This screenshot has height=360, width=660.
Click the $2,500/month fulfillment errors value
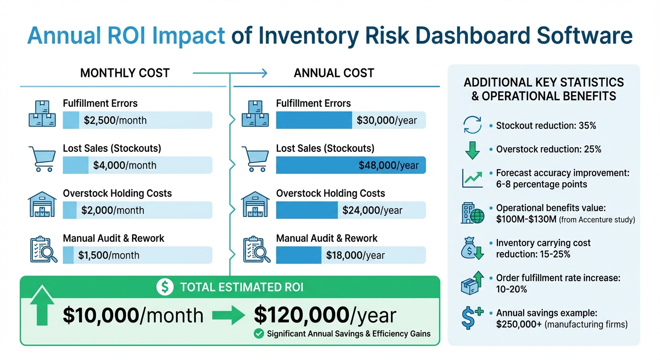click(115, 120)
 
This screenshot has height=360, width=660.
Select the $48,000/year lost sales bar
click(351, 165)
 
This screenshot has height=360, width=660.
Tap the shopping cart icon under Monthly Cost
click(42, 158)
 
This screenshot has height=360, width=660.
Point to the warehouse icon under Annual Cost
click(255, 204)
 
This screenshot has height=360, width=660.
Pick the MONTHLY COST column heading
click(125, 73)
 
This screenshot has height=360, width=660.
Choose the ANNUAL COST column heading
click(334, 73)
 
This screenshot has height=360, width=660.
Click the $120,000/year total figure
click(325, 315)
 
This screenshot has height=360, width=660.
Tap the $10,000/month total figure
click(133, 315)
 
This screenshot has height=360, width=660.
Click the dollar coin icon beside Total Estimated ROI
click(165, 287)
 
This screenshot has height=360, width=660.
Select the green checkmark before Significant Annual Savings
click(258, 334)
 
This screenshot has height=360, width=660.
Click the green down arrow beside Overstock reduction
click(472, 150)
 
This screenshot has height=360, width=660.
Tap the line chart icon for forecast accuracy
click(472, 178)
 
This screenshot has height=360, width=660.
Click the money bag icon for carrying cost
click(471, 249)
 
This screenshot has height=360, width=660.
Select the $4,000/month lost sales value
click(125, 165)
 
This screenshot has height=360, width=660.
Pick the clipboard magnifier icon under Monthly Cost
click(43, 249)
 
